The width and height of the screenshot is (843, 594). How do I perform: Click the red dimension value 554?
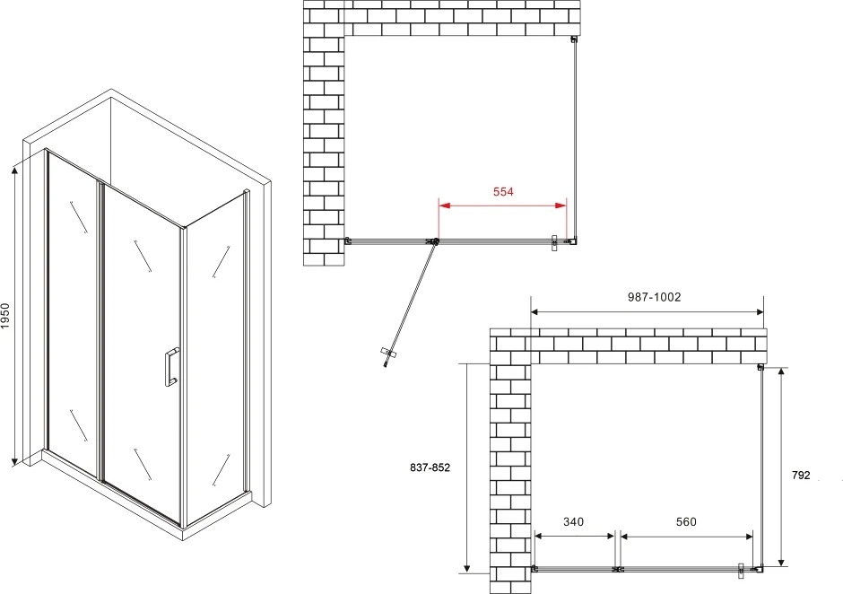tap(503, 191)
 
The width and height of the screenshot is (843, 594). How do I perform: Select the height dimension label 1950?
tap(5, 317)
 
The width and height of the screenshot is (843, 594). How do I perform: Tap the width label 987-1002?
tap(655, 297)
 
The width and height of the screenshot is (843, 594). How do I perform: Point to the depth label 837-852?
tap(430, 468)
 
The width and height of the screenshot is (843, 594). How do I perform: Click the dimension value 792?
tap(801, 475)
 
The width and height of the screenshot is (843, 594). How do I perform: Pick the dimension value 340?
tap(573, 522)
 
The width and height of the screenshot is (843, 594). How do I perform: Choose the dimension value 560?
tap(686, 522)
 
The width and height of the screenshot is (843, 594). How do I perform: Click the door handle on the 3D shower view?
tap(171, 367)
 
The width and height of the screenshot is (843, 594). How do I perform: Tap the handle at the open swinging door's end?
tap(388, 354)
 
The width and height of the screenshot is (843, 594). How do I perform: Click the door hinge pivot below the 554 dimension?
tap(433, 241)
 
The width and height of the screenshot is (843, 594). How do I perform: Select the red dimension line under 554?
tap(503, 205)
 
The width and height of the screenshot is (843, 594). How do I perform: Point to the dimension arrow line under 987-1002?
tap(647, 311)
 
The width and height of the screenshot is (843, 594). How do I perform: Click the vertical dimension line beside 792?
tap(780, 467)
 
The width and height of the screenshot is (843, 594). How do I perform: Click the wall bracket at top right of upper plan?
tap(574, 39)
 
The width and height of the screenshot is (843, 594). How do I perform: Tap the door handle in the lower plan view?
tap(741, 571)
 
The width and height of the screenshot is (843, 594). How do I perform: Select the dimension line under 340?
tap(575, 536)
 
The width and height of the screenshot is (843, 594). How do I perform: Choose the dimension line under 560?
tap(687, 536)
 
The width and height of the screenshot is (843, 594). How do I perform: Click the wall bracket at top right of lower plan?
tap(760, 368)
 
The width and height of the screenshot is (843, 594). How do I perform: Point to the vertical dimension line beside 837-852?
tap(467, 467)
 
